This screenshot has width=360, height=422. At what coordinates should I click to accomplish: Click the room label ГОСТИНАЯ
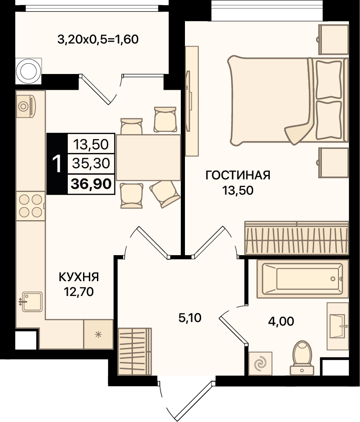[x=237, y=175]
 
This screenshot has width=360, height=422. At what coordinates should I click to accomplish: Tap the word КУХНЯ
[x=79, y=277]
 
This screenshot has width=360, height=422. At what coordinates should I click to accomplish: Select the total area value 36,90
[x=91, y=184]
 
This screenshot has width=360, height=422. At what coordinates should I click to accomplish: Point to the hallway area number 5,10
[x=190, y=318]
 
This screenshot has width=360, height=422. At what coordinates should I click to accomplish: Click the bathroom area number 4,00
[x=281, y=321]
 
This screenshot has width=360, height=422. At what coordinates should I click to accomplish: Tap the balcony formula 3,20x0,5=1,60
[x=98, y=39]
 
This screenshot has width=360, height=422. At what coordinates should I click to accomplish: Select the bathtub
[x=303, y=279]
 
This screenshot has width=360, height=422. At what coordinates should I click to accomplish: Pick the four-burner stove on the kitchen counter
[x=30, y=206]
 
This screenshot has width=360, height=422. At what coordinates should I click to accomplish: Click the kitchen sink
[x=32, y=302]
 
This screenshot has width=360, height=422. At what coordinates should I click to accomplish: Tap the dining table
[x=148, y=157]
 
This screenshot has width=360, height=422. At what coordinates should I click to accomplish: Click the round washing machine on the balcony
[x=29, y=71]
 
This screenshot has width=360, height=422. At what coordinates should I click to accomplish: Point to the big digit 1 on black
[x=57, y=164]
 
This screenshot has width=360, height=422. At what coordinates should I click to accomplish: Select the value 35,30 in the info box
[x=91, y=163]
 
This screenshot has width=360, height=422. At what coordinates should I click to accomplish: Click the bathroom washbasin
[x=338, y=326]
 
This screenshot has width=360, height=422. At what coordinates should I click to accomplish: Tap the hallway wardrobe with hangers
[x=135, y=352]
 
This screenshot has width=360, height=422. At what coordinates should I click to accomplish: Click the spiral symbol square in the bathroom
[x=260, y=363]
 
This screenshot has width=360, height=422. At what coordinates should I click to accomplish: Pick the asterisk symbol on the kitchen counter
[x=98, y=335]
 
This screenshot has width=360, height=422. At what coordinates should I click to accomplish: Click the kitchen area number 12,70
[x=79, y=291]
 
